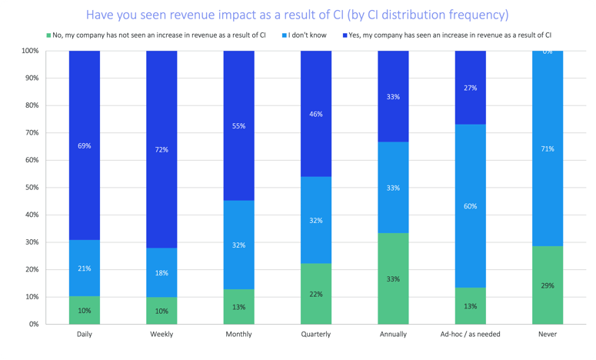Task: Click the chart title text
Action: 298,15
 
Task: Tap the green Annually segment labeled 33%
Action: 393,278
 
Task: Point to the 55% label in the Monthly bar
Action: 239,125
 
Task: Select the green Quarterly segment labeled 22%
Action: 316,293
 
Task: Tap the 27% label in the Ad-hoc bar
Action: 470,88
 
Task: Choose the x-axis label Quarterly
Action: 316,335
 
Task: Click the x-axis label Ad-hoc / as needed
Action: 470,335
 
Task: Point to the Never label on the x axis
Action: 547,335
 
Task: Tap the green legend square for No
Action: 48,35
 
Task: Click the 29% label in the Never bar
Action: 547,285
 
